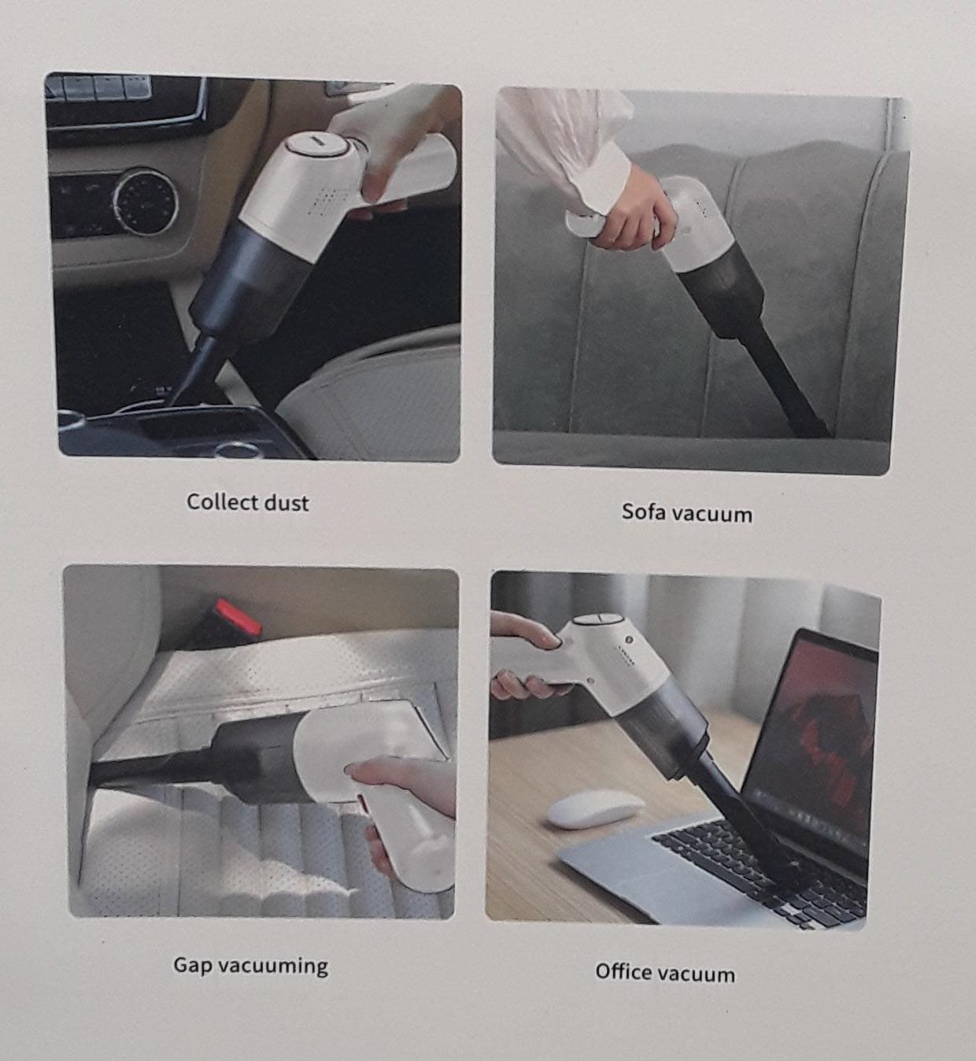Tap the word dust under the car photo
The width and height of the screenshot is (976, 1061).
287,502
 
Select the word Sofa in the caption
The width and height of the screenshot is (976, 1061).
641,512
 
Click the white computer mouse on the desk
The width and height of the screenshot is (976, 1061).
595,808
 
